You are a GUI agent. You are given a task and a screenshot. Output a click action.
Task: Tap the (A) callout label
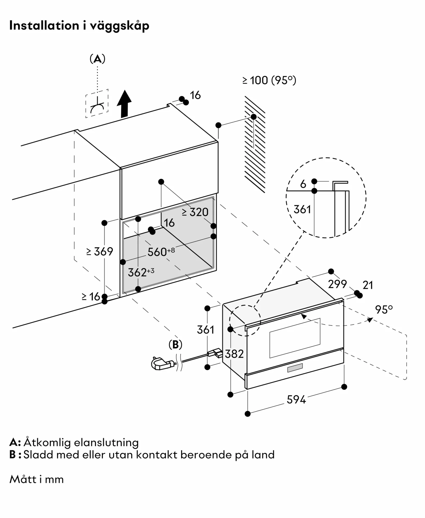point(97,59)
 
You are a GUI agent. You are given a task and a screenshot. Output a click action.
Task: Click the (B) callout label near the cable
point(175,344)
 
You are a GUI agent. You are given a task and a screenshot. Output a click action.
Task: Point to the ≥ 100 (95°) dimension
point(269,80)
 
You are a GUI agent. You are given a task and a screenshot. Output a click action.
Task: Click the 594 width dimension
point(296,399)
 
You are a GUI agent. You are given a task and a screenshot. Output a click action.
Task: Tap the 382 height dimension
point(234,354)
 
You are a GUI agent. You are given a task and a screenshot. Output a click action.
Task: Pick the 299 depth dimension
point(337,284)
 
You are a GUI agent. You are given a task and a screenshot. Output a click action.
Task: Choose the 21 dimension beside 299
point(368,285)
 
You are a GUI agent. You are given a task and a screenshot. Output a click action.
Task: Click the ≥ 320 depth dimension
point(195,212)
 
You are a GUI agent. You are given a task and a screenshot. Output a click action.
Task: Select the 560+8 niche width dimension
point(161,252)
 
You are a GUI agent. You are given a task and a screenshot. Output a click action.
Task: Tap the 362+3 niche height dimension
point(141,272)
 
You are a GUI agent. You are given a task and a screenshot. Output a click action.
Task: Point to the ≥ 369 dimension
point(100,251)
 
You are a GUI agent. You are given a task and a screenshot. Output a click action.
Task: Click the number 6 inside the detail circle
point(303,184)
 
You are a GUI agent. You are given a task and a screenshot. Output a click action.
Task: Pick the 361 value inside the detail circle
point(302,209)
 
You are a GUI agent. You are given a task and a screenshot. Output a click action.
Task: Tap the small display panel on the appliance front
point(295,368)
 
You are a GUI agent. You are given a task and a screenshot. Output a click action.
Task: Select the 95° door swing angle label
point(384,310)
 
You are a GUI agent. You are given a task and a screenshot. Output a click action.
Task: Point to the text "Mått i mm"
point(37,479)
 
